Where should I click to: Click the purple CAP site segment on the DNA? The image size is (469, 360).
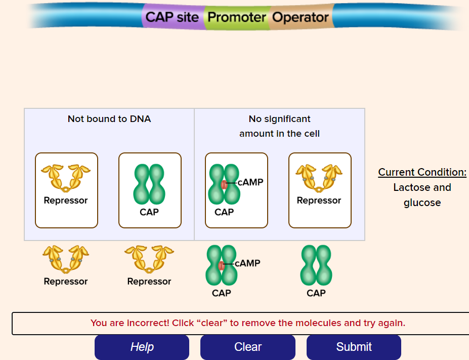pyautogui.click(x=173, y=17)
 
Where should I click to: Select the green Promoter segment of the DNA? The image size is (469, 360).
pyautogui.click(x=237, y=17)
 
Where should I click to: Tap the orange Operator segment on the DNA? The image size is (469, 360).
pyautogui.click(x=301, y=17)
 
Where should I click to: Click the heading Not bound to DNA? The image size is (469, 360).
pyautogui.click(x=109, y=119)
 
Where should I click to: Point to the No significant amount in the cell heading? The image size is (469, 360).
pyautogui.click(x=279, y=126)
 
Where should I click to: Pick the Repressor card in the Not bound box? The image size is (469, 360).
pyautogui.click(x=66, y=190)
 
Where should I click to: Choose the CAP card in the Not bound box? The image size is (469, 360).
pyautogui.click(x=150, y=190)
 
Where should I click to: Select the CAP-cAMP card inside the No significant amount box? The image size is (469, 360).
pyautogui.click(x=236, y=190)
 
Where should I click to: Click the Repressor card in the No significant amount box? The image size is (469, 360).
pyautogui.click(x=320, y=190)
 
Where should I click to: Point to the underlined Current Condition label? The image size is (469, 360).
pyautogui.click(x=422, y=172)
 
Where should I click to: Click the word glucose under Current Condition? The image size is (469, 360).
pyautogui.click(x=422, y=203)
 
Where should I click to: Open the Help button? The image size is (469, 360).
pyautogui.click(x=142, y=347)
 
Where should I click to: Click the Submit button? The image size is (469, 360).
pyautogui.click(x=354, y=347)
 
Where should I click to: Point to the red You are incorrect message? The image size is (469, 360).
pyautogui.click(x=248, y=323)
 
